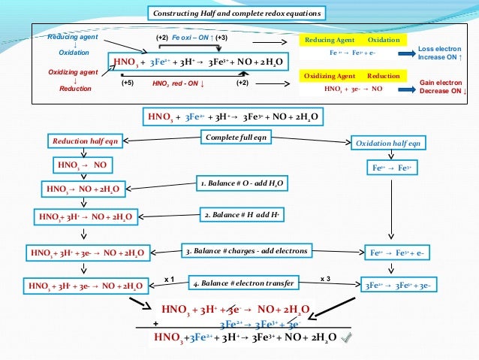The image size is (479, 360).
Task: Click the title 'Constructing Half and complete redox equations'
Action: [238, 13]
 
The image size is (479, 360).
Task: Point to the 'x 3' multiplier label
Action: [326, 279]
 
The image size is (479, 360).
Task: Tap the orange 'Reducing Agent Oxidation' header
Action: [353, 39]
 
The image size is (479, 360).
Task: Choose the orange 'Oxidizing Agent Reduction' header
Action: [353, 76]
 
